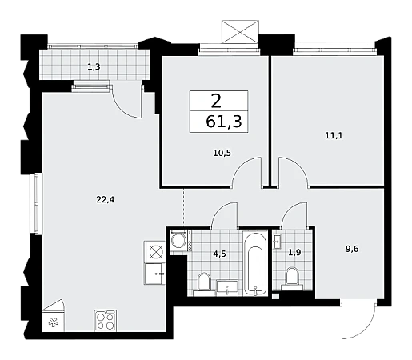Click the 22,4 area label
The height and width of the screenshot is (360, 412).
coord(106,199)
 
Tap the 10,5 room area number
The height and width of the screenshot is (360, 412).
coord(222,153)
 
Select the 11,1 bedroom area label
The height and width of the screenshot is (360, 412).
coord(334,136)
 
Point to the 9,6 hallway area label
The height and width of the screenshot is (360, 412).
coord(352,249)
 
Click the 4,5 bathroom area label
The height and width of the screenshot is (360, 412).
coord(219,254)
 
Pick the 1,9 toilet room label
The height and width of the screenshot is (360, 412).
coord(294,252)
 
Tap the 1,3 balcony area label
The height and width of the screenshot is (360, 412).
coord(94,66)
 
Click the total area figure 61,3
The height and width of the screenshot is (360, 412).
coord(224,122)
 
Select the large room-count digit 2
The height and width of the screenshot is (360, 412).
coord(216,102)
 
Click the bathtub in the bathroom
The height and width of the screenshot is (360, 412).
coord(255,263)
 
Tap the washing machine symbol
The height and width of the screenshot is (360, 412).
coord(178,241)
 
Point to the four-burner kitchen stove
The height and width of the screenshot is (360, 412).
coord(106,321)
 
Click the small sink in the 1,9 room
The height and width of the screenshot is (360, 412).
coord(277,242)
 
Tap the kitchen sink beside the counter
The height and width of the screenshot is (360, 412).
coord(154,274)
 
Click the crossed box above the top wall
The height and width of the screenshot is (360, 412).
coord(240,32)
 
